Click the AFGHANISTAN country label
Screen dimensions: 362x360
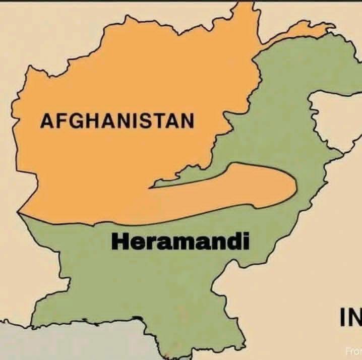click(x=117, y=122)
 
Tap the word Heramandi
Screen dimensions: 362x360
click(x=180, y=242)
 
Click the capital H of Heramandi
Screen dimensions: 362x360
click(x=120, y=242)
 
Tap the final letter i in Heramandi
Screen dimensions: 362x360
click(x=247, y=242)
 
